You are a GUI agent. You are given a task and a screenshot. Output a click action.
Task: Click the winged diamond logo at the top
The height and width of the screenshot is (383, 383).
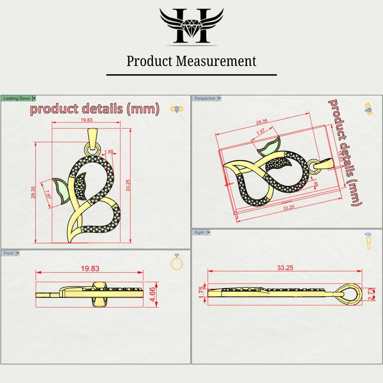click(x=191, y=26)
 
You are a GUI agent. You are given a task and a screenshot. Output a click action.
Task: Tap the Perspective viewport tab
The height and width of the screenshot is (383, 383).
click(x=205, y=98)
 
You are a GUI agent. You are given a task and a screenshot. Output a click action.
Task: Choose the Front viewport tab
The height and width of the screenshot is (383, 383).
click(x=9, y=253)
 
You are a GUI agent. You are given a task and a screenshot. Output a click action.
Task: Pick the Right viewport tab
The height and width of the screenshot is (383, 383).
click(x=199, y=232)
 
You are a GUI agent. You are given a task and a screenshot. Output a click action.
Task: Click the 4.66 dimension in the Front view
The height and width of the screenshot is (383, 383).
click(x=152, y=294)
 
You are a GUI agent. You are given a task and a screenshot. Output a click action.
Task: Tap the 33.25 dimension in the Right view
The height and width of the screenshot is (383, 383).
click(x=285, y=268)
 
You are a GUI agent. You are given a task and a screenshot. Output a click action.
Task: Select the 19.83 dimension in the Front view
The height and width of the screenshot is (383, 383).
click(x=90, y=268)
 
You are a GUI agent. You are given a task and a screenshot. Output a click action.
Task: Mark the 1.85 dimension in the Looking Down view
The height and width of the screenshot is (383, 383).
click(x=109, y=152)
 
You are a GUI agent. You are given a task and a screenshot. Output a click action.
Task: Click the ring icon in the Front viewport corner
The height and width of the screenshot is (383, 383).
click(x=176, y=262)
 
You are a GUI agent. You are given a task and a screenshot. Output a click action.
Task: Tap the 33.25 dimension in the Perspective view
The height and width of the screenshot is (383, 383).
click(x=289, y=208)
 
